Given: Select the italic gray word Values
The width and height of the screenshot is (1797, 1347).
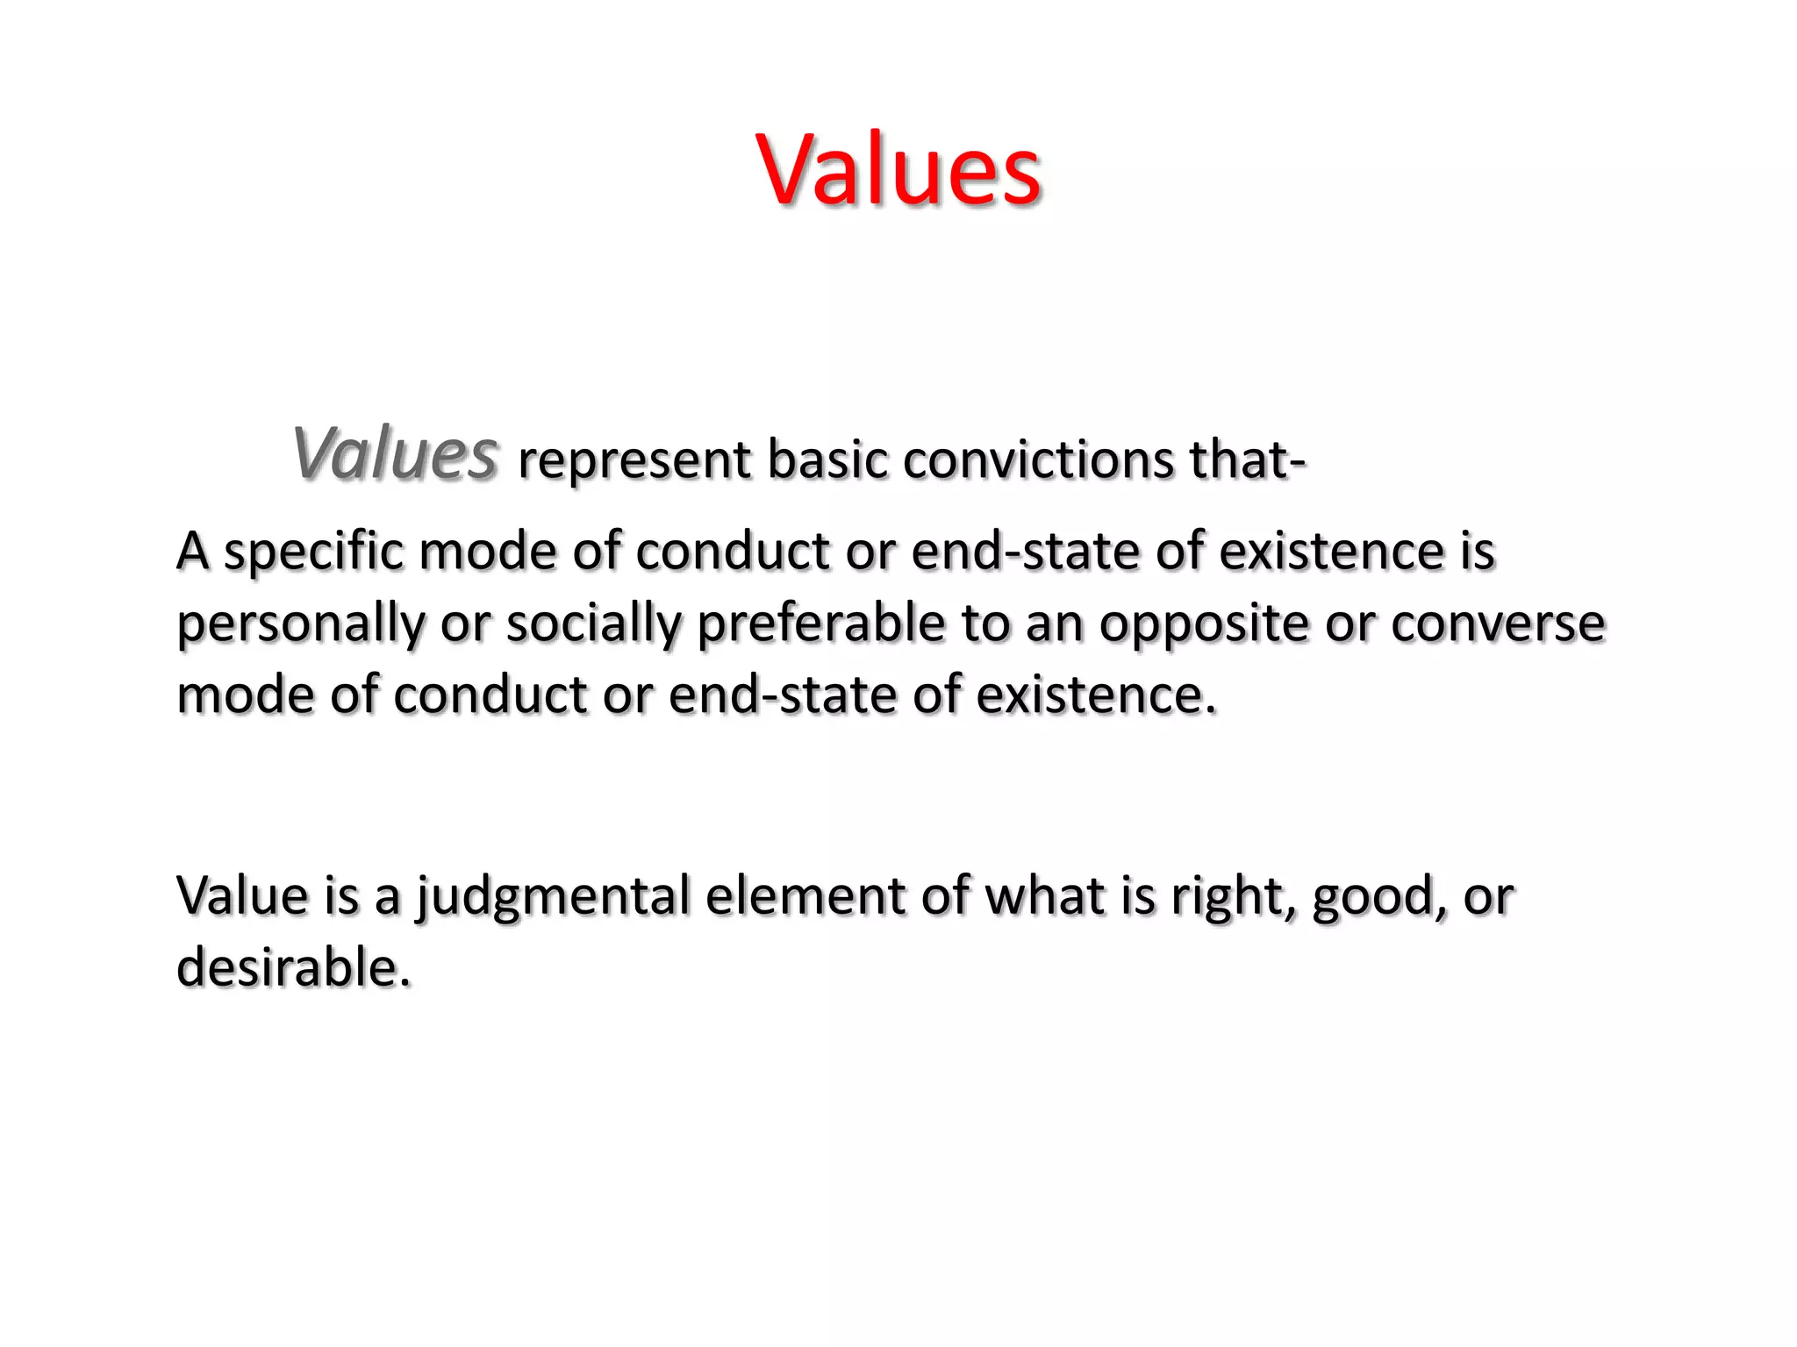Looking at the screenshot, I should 396,454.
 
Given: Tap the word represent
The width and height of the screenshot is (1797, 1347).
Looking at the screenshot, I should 634,460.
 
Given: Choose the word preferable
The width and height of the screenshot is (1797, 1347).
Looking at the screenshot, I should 821,625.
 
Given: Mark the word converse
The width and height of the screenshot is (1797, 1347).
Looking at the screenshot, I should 1498,625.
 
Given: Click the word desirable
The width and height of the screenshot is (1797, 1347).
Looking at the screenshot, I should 293,968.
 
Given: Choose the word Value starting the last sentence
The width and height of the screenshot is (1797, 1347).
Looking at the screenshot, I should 243,896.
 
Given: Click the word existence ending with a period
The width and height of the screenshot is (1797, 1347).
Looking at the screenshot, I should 1096,695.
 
